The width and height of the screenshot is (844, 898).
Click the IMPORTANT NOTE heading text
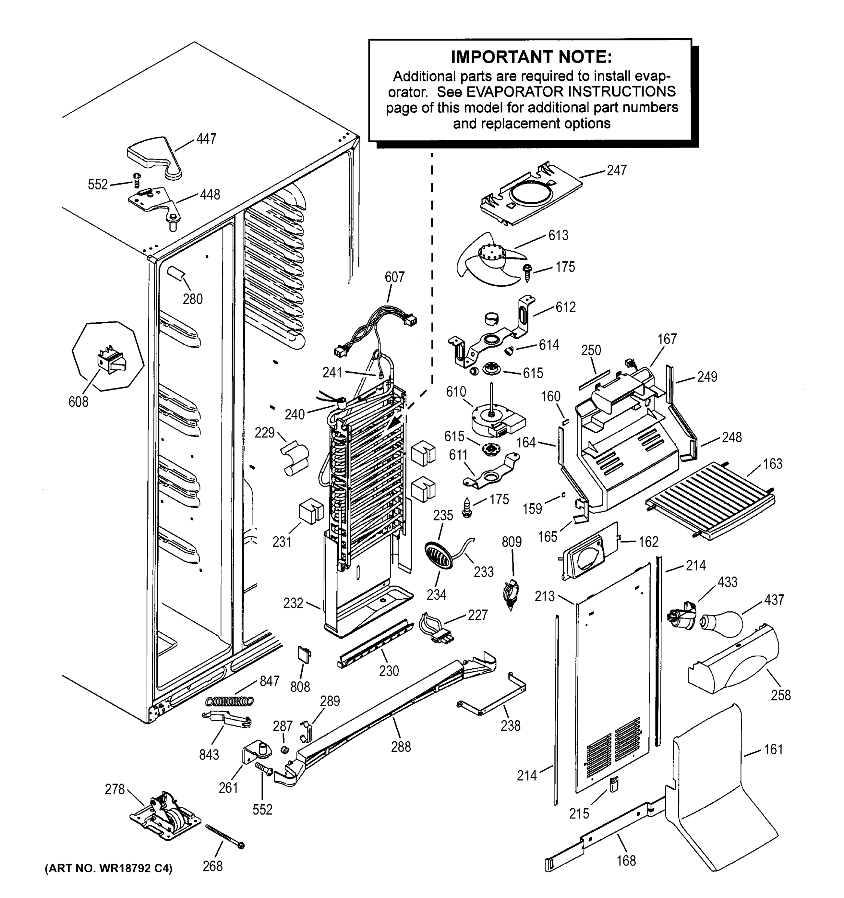(531, 57)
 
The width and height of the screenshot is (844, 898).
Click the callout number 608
(78, 401)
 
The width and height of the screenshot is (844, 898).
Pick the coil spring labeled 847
(229, 701)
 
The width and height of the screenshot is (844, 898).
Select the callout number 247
(617, 170)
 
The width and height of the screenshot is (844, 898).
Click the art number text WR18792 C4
(108, 869)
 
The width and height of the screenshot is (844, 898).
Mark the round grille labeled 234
(438, 556)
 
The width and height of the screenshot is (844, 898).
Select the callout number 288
(401, 747)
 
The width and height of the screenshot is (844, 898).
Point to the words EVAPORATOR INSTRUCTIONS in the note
(571, 92)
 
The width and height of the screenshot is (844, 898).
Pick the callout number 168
(626, 861)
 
